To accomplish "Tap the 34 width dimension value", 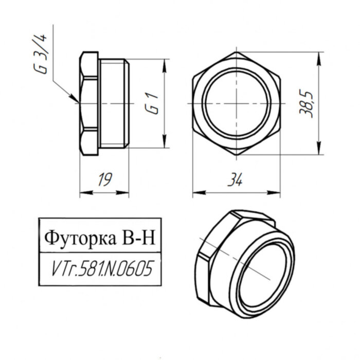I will pyautogui.click(x=236, y=180).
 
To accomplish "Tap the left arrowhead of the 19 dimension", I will pyautogui.click(x=82, y=194).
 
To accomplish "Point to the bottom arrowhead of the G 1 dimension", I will pyautogui.click(x=165, y=146).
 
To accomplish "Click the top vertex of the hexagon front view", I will pyautogui.click(x=236, y=52).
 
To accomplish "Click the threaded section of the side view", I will pyautogui.click(x=113, y=103).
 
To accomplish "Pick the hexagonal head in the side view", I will pyautogui.click(x=88, y=103).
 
